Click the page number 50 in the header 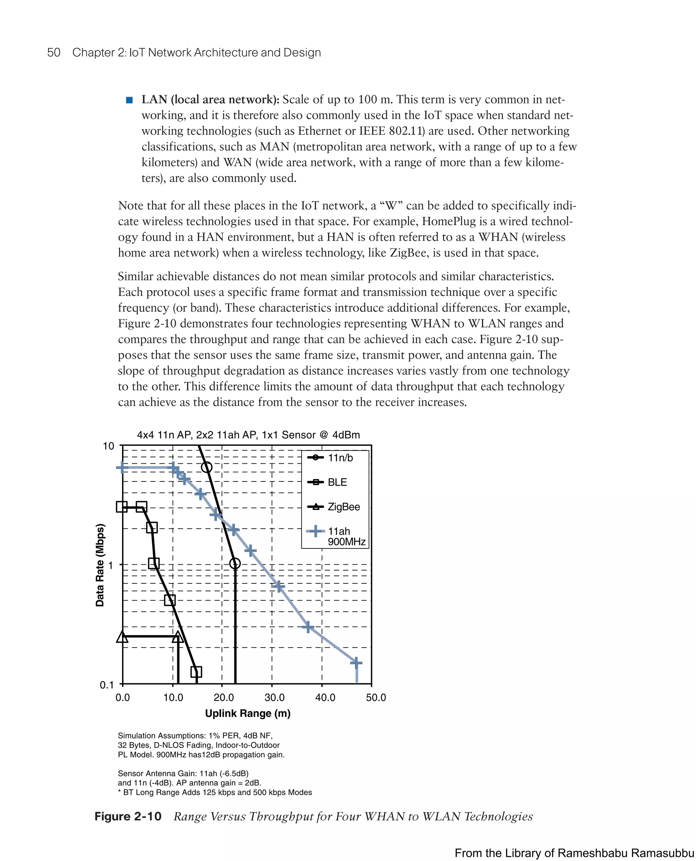[x=54, y=53]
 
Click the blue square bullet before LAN [x=129, y=100]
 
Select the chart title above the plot [x=248, y=435]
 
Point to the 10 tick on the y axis [x=108, y=446]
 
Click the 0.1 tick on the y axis [x=107, y=685]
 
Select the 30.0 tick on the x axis [x=274, y=698]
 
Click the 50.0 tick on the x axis [x=376, y=698]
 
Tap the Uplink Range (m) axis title [x=248, y=714]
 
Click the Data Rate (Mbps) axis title [x=100, y=565]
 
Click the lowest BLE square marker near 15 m [x=196, y=672]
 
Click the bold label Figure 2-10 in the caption [x=128, y=816]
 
